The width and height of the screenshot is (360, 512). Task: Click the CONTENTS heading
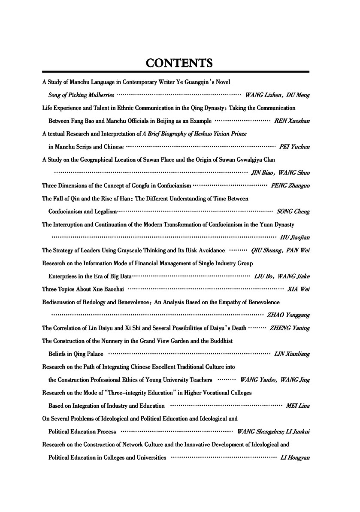pos(179,63)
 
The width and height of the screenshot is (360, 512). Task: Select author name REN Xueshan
pos(292,121)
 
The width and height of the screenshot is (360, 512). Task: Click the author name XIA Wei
pos(300,289)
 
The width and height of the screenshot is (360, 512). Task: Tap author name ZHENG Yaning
pos(290,328)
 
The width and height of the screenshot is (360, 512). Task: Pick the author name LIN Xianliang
pos(292,354)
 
